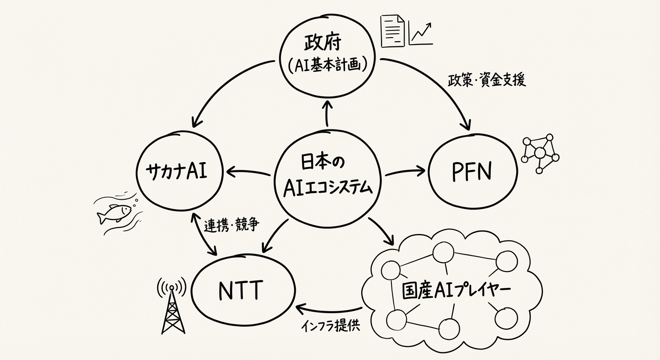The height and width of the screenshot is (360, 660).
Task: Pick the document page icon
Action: pyautogui.click(x=392, y=31)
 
